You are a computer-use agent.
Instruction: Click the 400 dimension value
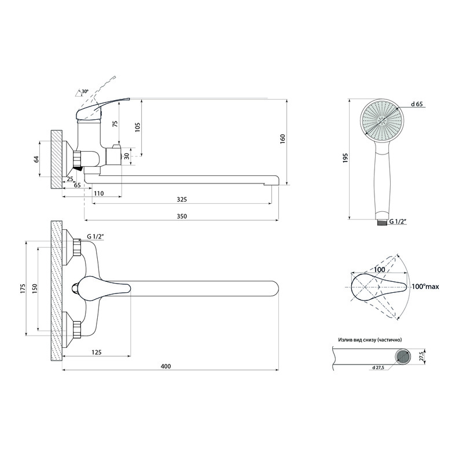(166, 366)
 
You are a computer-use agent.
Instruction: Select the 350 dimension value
(182, 216)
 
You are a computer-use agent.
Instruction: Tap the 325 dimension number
(182, 200)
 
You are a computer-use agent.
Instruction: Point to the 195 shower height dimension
(346, 158)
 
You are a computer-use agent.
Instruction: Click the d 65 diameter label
(417, 104)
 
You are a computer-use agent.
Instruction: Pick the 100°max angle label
(425, 286)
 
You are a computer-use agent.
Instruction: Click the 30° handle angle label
(85, 91)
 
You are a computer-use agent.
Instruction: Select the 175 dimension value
(23, 288)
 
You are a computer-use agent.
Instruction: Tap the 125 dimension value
(97, 352)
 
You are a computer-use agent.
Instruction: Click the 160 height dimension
(283, 139)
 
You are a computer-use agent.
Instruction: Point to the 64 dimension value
(36, 159)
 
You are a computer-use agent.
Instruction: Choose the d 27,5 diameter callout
(378, 368)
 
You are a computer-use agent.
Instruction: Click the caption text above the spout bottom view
(370, 340)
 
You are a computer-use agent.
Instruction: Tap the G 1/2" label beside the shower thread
(398, 221)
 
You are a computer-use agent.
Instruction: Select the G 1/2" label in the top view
(95, 237)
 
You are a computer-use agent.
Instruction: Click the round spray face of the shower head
(381, 120)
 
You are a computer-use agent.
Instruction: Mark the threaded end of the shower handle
(381, 222)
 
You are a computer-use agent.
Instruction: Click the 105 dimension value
(138, 127)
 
